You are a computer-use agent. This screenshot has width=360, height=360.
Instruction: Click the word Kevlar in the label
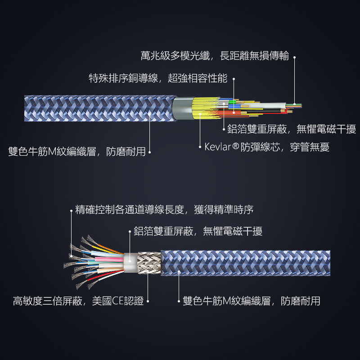218,147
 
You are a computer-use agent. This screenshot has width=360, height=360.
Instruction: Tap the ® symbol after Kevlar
235,146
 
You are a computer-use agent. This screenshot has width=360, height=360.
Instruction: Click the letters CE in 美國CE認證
117,301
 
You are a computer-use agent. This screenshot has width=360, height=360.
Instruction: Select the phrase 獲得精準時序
224,210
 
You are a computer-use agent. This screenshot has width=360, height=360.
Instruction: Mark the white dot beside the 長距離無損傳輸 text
294,57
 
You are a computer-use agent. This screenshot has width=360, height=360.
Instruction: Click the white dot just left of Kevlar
200,147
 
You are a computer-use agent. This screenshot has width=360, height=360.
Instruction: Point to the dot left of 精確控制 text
71,210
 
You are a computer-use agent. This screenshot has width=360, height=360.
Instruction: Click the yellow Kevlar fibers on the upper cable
198,108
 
